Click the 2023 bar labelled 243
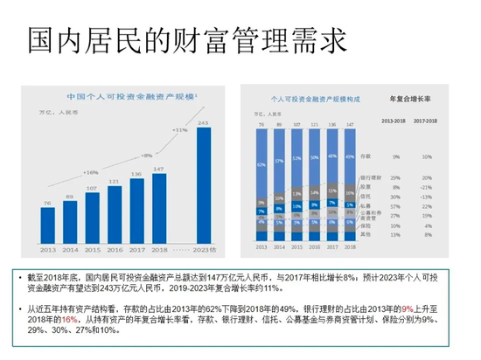click(x=203, y=184)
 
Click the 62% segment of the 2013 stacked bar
click(x=261, y=163)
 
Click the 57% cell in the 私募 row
click(x=396, y=205)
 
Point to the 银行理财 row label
click(x=373, y=177)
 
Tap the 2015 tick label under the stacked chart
click(x=296, y=248)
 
